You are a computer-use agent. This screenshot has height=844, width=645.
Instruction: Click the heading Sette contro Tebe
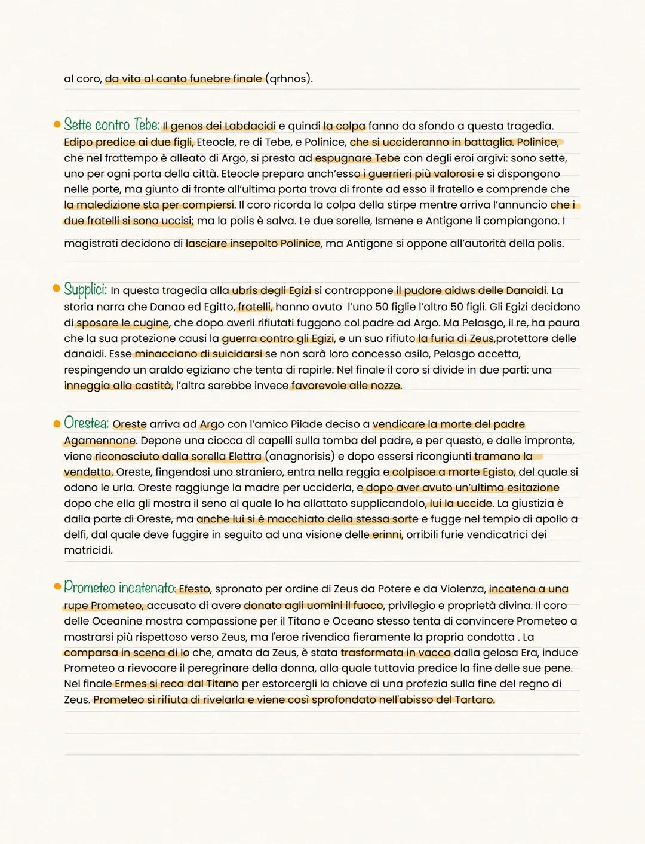112,125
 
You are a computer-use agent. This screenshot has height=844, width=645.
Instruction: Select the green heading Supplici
85,290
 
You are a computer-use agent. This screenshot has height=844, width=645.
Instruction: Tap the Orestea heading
87,423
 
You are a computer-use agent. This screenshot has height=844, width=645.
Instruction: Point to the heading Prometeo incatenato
119,588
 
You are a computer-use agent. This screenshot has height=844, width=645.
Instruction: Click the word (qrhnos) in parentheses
288,79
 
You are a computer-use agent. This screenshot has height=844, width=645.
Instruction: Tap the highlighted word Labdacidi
250,126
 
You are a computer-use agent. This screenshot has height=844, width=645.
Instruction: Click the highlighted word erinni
386,534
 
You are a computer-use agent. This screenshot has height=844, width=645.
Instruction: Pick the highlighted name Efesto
194,589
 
